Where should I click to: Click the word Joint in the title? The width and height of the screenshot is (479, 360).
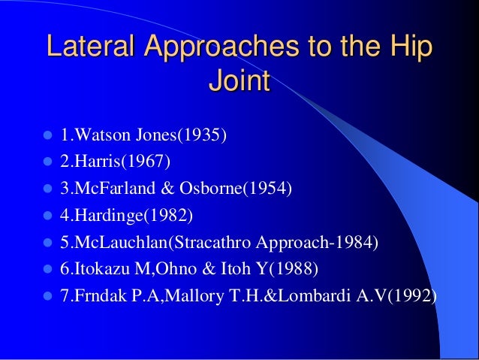click(x=239, y=82)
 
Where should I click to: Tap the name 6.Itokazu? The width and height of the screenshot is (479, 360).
click(x=93, y=269)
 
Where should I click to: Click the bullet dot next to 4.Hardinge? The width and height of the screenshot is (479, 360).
click(x=47, y=216)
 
